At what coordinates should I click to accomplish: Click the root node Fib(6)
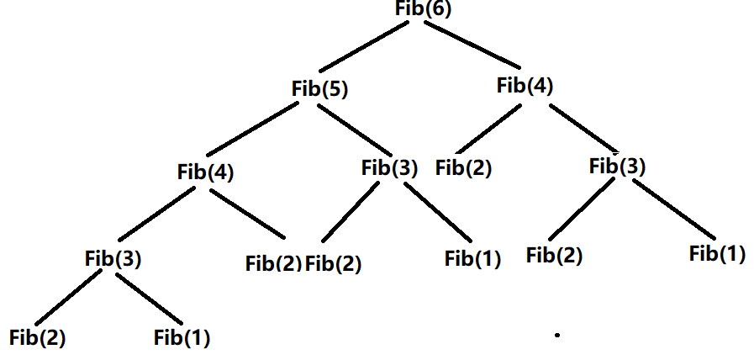coord(423,9)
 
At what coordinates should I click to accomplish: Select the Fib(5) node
coord(319,90)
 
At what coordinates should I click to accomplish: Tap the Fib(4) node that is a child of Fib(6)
coord(525,87)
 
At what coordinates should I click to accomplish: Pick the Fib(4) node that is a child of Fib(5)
coord(205,172)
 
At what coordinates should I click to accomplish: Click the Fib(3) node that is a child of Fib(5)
coord(389,169)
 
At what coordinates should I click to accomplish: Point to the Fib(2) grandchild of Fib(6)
coord(463,168)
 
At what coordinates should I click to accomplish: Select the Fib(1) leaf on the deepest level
coord(182,338)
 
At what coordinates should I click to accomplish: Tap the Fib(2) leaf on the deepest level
coord(37,338)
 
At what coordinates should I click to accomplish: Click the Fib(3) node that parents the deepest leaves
coord(113,258)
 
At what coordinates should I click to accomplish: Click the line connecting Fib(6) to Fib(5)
coord(366,47)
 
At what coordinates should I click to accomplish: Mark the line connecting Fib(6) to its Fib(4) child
coord(472,45)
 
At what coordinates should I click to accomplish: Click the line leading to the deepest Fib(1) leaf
coord(149,299)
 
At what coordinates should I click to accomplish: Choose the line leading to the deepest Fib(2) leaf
coord(69,298)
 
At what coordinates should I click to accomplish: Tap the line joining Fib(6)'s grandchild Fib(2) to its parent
coord(488,129)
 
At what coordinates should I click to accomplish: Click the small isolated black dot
coord(557,336)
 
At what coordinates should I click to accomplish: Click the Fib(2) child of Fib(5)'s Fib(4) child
coord(273,264)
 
